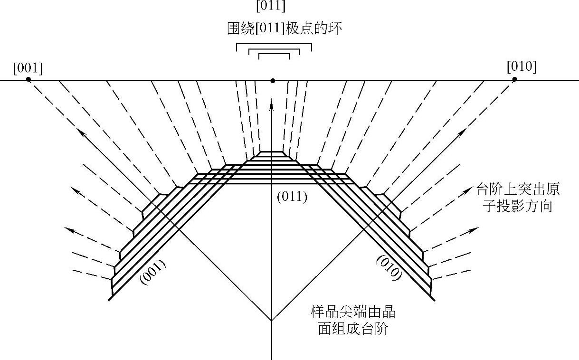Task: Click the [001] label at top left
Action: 28,68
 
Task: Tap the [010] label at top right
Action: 522,67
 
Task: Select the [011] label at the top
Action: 270,7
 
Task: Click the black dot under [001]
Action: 28,79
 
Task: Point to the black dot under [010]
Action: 514,79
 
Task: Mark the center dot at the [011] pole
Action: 272,81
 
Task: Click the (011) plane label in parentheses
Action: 292,197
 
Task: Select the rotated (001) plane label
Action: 153,272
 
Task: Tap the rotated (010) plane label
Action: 389,268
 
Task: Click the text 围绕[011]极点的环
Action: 285,28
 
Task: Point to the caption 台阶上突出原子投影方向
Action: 518,198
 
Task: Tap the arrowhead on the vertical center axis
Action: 271,102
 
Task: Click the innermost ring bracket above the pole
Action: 274,55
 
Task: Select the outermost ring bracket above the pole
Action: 274,45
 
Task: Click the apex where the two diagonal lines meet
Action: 271,320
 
